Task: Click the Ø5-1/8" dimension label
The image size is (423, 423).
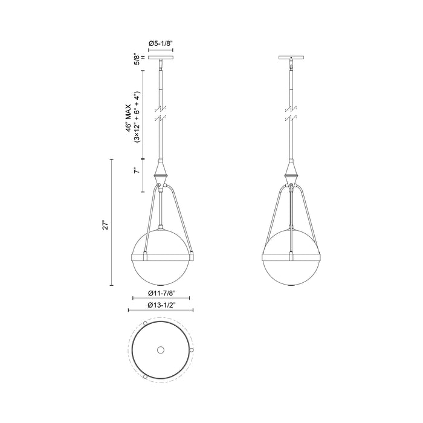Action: (x=160, y=44)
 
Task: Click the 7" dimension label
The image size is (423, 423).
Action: (x=138, y=172)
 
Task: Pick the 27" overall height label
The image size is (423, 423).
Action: (x=105, y=225)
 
